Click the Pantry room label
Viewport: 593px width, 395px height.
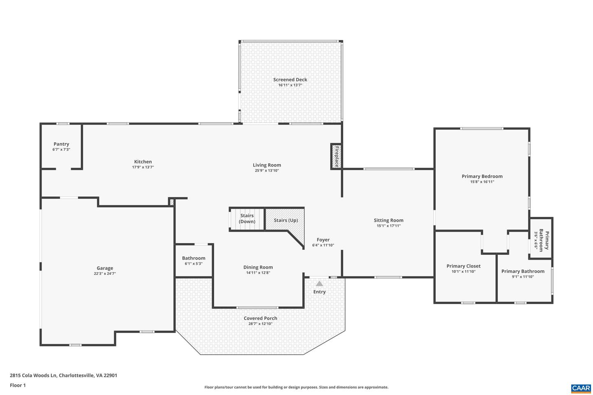[x=61, y=144]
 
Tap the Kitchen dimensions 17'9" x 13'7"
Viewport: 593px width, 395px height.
[x=143, y=167]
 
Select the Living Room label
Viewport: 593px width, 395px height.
[x=267, y=165]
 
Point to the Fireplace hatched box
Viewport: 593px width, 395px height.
[x=336, y=156]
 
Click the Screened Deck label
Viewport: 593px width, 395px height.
[x=290, y=79]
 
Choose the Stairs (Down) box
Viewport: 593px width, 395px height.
[x=247, y=219]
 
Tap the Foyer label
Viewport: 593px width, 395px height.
[x=323, y=239]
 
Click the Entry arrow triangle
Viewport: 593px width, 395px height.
[x=320, y=283]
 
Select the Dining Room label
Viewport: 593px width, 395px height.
[x=258, y=267]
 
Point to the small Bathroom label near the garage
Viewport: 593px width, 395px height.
[x=194, y=258]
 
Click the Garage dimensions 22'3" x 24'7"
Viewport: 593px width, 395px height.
[x=105, y=273]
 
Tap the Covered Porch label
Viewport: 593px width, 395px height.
[x=260, y=318]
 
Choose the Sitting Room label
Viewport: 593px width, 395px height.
[x=389, y=220]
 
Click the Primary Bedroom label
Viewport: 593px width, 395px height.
[x=482, y=176]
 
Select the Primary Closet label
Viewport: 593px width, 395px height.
[x=464, y=266]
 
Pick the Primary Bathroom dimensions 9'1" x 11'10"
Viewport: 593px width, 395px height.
[x=523, y=276]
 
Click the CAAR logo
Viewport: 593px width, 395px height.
[x=581, y=388]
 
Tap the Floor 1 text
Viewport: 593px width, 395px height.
[x=18, y=385]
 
